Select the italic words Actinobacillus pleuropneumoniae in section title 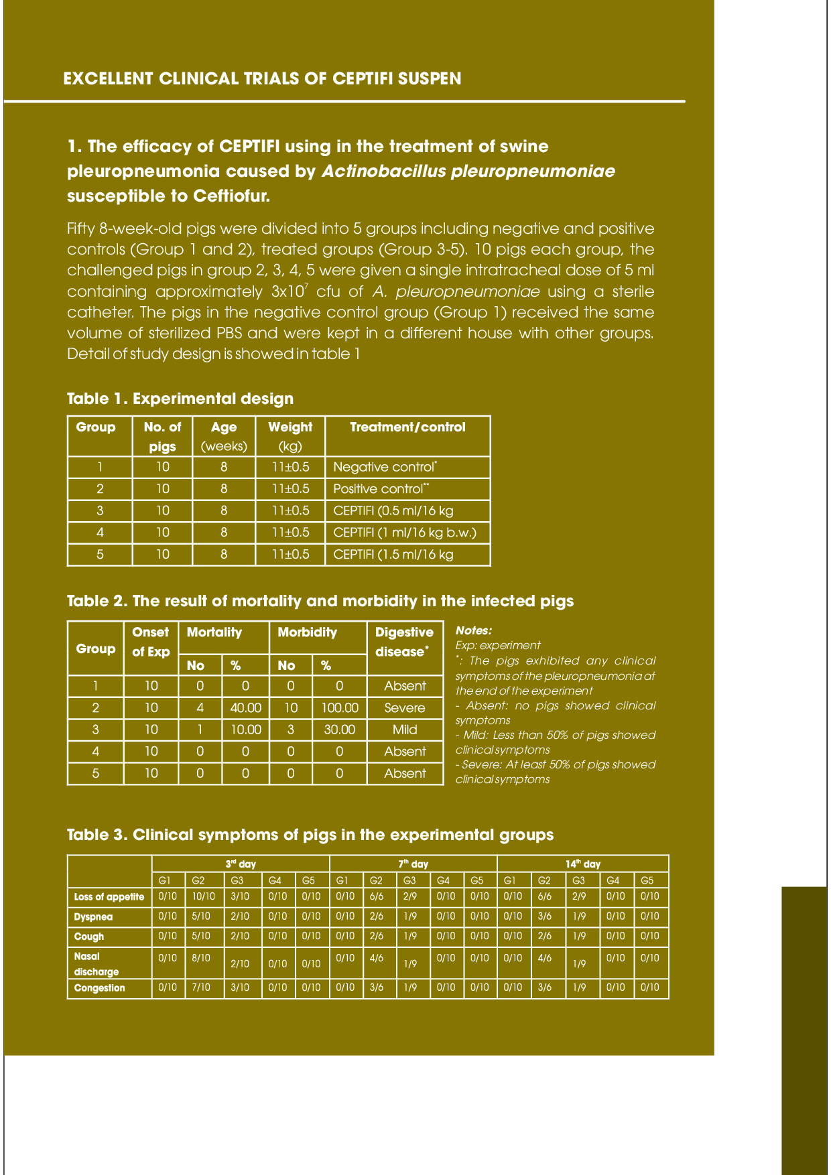[x=468, y=171]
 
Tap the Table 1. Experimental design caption [x=180, y=399]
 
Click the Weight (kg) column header [x=290, y=436]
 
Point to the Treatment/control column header [x=407, y=427]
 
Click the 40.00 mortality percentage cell [x=245, y=708]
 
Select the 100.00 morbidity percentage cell [x=340, y=708]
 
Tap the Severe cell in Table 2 [x=405, y=708]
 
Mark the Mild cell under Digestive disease [x=405, y=730]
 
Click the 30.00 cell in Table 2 [x=340, y=730]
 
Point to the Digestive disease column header [x=404, y=642]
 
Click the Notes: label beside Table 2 [x=474, y=630]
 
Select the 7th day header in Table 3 [x=413, y=864]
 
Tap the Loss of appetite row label [x=109, y=897]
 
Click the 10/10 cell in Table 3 [x=204, y=896]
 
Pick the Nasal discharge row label [x=97, y=964]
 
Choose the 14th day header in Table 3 [x=583, y=864]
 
